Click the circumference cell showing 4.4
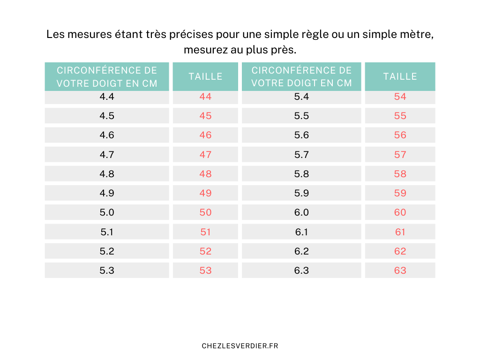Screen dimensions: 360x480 [x=107, y=97]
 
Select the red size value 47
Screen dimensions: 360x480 [x=205, y=155]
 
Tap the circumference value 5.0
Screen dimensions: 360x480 [x=107, y=212]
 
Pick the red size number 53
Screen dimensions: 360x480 [x=205, y=270]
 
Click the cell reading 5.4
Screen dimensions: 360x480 [x=301, y=97]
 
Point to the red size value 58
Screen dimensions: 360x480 [x=400, y=174]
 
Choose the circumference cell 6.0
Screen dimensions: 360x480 [x=301, y=212]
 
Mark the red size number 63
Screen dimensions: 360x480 [x=400, y=270]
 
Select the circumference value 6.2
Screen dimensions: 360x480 [x=301, y=251]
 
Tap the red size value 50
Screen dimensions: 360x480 [x=205, y=212]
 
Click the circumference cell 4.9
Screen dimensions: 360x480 [x=107, y=193]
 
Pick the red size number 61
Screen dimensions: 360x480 [x=400, y=232]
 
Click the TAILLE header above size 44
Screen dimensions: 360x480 [x=205, y=76]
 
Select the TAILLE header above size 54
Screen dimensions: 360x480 [x=400, y=76]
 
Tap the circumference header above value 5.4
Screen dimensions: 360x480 [x=301, y=76]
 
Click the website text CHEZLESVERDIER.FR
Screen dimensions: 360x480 [x=240, y=346]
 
